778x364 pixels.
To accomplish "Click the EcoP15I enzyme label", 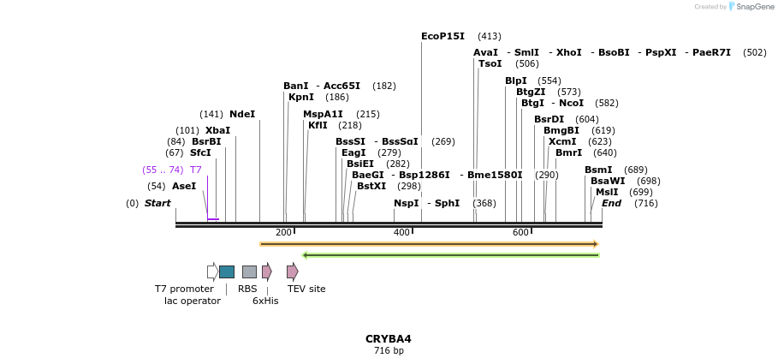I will click(x=442, y=36).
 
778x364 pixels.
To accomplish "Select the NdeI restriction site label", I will click(x=242, y=114).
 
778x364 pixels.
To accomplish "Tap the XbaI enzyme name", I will click(x=217, y=130).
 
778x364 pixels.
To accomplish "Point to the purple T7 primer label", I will click(x=196, y=170).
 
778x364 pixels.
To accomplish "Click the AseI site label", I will click(x=184, y=186).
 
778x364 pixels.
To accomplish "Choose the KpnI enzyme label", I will click(x=301, y=97).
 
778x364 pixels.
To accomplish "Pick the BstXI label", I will click(x=371, y=186).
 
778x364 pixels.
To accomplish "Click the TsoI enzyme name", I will click(x=490, y=63).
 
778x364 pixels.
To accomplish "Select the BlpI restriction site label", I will click(x=516, y=81).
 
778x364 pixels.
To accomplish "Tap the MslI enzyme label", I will click(x=607, y=192).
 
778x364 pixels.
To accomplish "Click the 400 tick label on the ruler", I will click(x=401, y=233).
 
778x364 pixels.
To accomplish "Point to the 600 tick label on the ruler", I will click(x=520, y=233).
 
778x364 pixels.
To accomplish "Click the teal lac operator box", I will click(x=227, y=272).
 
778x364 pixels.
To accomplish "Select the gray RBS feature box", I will click(x=249, y=272).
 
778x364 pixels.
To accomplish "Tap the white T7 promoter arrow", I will click(x=212, y=272).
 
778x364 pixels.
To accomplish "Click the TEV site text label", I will click(x=306, y=289).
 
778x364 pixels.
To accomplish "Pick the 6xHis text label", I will click(x=265, y=301).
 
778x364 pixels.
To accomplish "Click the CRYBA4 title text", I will click(x=389, y=338).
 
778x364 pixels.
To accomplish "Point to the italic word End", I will click(x=611, y=203).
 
